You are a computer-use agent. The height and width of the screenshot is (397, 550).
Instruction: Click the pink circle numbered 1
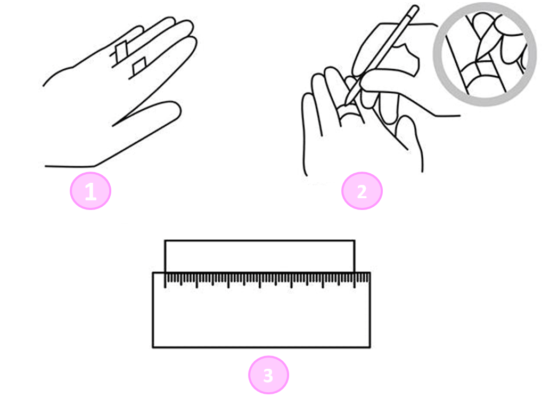point(91,191)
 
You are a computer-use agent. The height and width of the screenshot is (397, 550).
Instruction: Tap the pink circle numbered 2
point(362,191)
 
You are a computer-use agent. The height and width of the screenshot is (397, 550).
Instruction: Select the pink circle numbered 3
point(268,375)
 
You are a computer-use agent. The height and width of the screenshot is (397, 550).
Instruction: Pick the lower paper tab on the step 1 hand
point(139,66)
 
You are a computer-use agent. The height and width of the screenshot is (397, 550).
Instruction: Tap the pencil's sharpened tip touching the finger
point(346,104)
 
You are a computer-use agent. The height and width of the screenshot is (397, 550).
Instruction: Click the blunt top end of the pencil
point(415,8)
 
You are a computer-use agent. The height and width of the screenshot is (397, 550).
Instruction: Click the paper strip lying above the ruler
point(260,256)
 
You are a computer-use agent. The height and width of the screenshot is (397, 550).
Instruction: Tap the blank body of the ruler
point(261,318)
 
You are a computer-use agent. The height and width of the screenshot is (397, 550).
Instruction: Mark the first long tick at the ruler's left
point(165,280)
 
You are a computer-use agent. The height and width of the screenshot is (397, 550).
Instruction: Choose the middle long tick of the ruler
point(260,280)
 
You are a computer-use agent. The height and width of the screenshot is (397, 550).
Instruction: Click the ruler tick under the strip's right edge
point(355,280)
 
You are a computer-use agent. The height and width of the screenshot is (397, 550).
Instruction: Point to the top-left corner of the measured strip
point(165,240)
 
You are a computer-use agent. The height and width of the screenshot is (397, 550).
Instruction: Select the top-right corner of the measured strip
point(355,240)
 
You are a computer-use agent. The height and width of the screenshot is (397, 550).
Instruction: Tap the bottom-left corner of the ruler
point(153,347)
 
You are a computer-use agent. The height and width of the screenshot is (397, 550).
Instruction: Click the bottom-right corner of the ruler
point(370,347)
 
